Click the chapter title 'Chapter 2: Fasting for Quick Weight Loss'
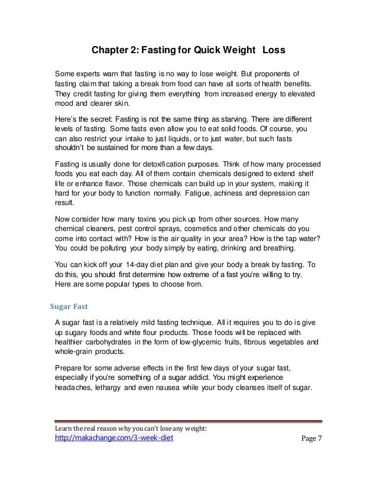pos(188,51)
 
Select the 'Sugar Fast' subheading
pos(67,307)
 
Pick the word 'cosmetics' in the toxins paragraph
pos(203,226)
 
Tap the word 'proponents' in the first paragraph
pos(280,74)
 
